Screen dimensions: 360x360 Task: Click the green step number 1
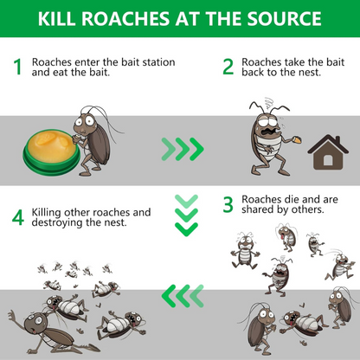[17, 68]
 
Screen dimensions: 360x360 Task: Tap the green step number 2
[228, 67]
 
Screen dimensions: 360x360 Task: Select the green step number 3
[228, 204]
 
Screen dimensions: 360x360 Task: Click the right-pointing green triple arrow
[182, 149]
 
